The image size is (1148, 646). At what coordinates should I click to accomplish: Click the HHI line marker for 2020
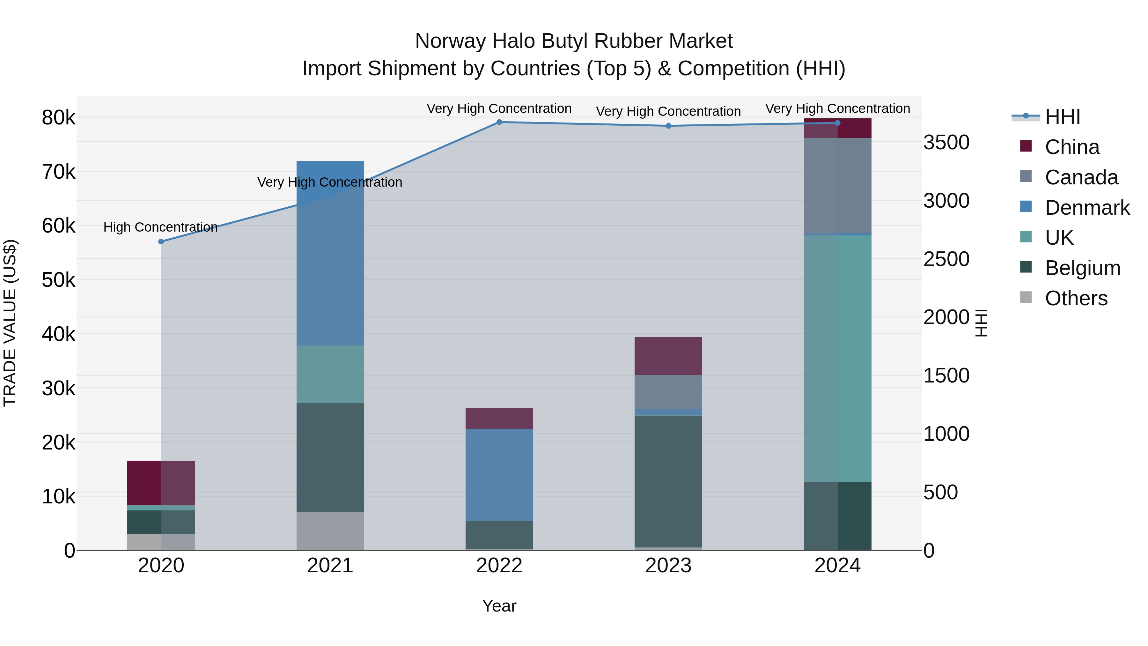pos(161,241)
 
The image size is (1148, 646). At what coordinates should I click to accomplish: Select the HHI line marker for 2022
pos(499,122)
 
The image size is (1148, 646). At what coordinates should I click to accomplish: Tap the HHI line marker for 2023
pos(668,126)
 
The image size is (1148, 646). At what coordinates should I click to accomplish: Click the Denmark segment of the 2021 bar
pos(330,253)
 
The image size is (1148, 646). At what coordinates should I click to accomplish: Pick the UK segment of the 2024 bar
pos(837,359)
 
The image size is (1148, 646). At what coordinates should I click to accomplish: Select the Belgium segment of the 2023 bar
pos(668,481)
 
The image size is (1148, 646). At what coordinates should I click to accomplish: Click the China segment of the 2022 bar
pos(499,418)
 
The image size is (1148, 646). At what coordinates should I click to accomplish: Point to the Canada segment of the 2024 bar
pos(837,185)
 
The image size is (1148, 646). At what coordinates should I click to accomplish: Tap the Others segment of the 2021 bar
pos(330,531)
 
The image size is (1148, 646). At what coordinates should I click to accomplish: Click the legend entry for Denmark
pos(1086,208)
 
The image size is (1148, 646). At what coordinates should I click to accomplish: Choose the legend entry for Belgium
pos(1082,268)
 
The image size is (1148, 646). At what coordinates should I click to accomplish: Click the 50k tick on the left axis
pos(58,280)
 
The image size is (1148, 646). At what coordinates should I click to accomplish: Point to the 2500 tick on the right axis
pos(946,259)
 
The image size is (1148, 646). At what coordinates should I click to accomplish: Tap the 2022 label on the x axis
pos(499,566)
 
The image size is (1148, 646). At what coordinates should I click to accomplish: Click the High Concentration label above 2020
pos(160,227)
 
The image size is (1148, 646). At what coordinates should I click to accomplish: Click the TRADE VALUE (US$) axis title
pos(10,323)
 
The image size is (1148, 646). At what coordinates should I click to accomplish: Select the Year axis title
pos(499,606)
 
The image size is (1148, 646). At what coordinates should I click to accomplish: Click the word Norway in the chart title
pos(451,41)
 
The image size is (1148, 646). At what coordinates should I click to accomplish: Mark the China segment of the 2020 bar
pos(161,483)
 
